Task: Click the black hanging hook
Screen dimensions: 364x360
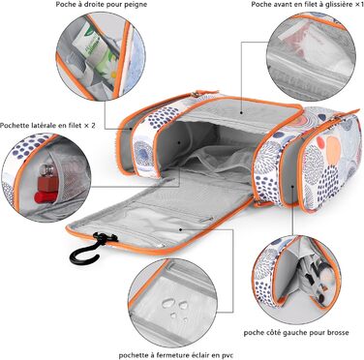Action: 84,255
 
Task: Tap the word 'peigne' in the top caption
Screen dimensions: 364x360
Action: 136,5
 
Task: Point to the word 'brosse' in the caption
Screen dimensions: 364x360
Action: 338,332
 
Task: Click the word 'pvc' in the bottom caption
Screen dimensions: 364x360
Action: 226,355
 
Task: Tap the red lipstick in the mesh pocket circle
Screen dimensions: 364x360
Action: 46,196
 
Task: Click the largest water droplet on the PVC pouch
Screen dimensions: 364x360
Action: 168,303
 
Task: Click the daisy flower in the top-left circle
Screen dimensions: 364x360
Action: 110,70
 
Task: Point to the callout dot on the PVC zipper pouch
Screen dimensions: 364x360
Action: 181,229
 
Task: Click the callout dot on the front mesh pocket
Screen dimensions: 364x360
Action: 242,113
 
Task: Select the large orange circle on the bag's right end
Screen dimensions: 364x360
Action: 333,150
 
